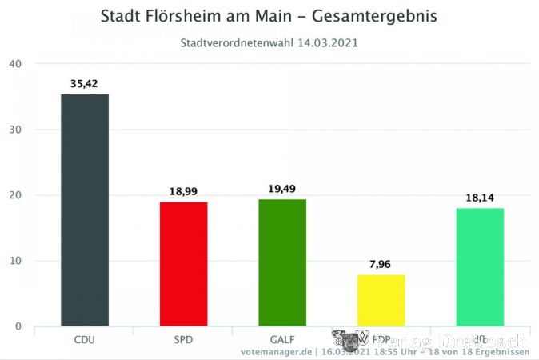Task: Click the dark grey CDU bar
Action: point(84,210)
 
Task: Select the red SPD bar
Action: point(183,264)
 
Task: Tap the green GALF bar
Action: point(282,262)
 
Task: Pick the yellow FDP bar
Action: point(381,300)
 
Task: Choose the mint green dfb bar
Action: point(480,266)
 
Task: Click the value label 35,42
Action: point(84,82)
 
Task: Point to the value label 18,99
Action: point(183,192)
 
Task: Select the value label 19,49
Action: point(282,189)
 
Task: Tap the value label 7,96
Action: point(381,264)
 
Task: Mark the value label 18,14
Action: point(480,197)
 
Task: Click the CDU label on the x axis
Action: point(84,339)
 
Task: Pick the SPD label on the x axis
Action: point(183,339)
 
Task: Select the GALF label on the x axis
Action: point(282,339)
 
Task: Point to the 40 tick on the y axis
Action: point(15,64)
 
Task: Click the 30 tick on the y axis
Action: point(15,130)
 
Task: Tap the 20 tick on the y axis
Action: point(15,195)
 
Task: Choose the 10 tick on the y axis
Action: point(15,261)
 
